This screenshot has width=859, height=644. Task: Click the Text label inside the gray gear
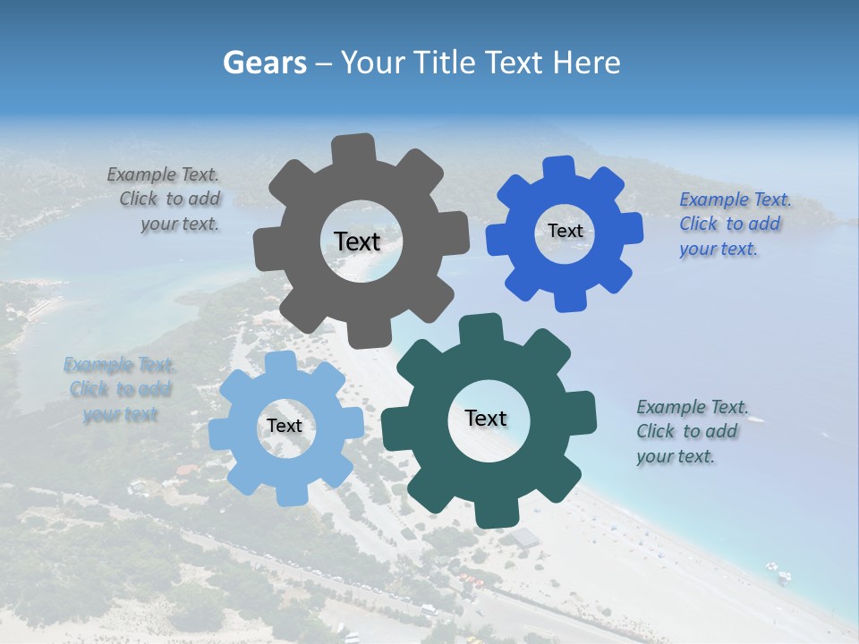pos(357,241)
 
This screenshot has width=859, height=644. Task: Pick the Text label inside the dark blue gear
pos(565,231)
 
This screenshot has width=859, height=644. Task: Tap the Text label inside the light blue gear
pos(285,426)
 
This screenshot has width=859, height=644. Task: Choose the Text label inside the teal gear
pos(486,418)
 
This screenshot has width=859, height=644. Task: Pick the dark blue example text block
pos(734,225)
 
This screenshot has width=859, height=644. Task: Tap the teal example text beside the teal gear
pos(689,432)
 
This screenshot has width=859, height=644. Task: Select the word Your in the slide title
pos(375,63)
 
